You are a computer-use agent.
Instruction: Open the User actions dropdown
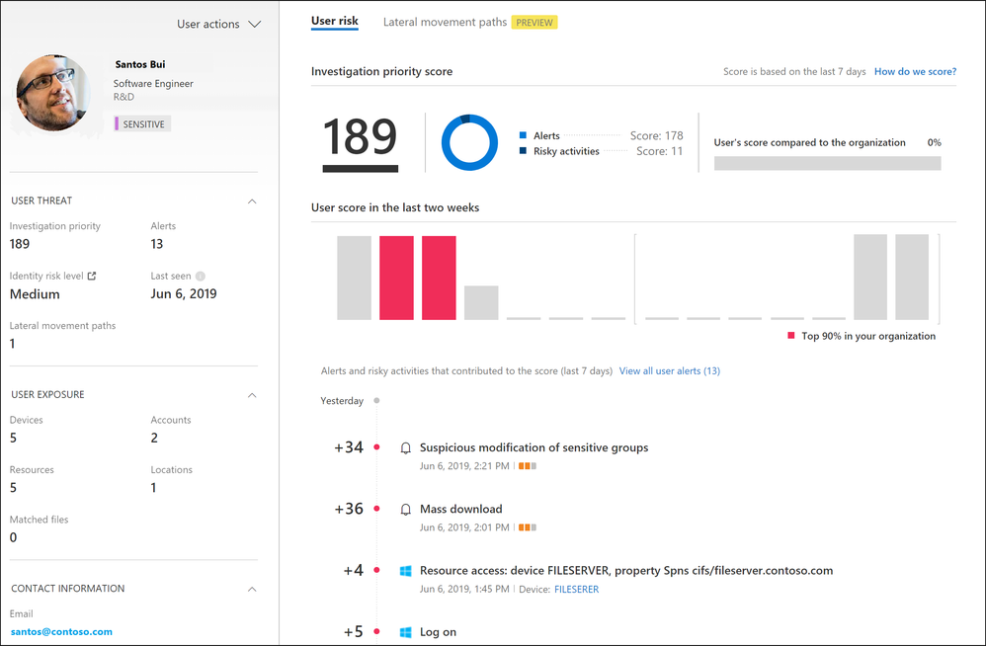click(x=218, y=24)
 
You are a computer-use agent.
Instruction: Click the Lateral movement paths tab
click(x=445, y=22)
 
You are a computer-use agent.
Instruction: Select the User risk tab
click(x=334, y=21)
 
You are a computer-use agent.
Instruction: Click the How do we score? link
click(x=915, y=72)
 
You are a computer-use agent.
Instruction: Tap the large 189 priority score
click(x=360, y=138)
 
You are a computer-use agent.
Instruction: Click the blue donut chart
click(x=469, y=142)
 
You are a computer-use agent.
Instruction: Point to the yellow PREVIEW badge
click(x=534, y=23)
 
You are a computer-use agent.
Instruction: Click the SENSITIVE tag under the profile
click(x=143, y=124)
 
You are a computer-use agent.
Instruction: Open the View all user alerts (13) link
click(x=669, y=371)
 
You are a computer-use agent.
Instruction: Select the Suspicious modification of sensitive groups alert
click(x=534, y=447)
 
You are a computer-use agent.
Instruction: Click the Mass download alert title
click(x=460, y=510)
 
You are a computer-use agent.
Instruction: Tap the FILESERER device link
click(x=576, y=590)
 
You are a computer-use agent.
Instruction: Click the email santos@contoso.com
click(x=61, y=631)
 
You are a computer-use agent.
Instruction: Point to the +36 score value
click(x=348, y=510)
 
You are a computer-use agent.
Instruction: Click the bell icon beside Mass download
click(x=405, y=510)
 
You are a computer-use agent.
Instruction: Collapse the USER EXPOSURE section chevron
click(x=252, y=395)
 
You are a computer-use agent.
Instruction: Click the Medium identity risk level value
click(x=35, y=294)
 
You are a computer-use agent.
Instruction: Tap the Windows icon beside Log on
click(x=405, y=632)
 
